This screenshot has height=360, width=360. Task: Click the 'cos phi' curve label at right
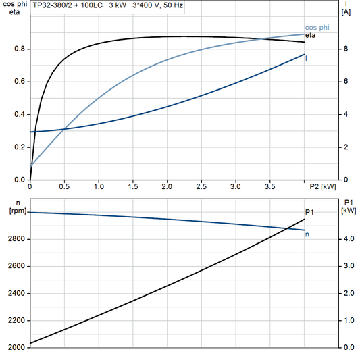[x=316, y=27]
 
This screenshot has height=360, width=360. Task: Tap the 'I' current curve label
[x=307, y=59]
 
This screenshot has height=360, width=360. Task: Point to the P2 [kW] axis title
[x=323, y=186]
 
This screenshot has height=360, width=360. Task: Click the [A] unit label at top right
[x=346, y=12]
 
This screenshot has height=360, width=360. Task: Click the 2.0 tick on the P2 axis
[x=167, y=186]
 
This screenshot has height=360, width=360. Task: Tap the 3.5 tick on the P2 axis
[x=269, y=186]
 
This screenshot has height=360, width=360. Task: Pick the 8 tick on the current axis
[x=345, y=49]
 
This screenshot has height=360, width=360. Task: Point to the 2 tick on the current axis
[x=345, y=147]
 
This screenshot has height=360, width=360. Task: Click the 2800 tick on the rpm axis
[x=16, y=239]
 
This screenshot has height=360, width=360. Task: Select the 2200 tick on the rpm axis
[x=16, y=320]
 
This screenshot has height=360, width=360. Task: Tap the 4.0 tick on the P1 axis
[x=347, y=239]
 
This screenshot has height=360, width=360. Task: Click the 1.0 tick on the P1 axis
[x=347, y=320]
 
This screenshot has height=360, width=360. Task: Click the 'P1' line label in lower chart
[x=309, y=213]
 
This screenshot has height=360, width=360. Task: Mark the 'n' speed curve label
[x=308, y=234]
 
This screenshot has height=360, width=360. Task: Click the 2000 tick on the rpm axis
[x=16, y=347]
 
